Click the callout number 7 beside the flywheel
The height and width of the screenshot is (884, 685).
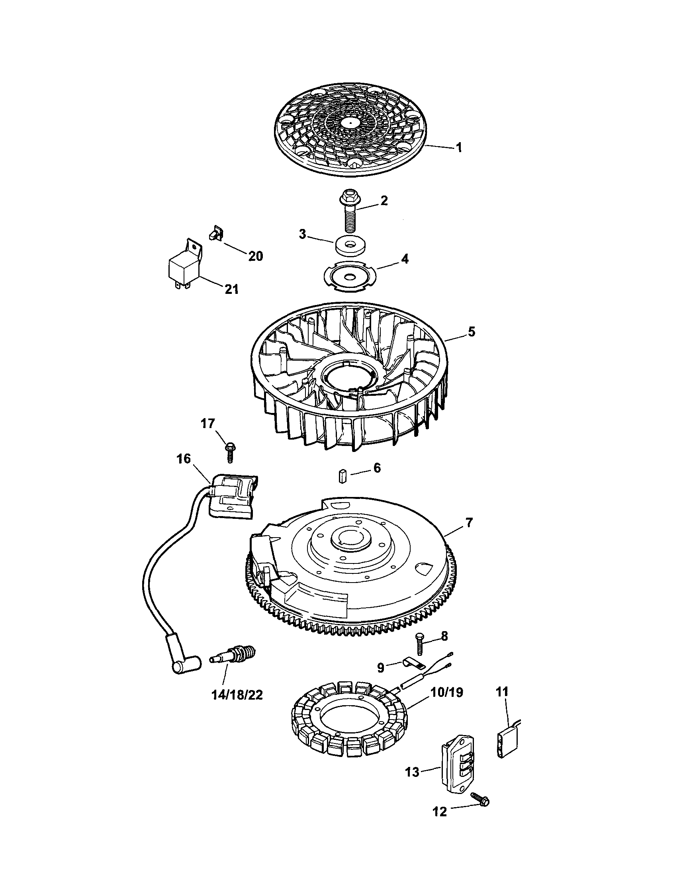click(468, 522)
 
